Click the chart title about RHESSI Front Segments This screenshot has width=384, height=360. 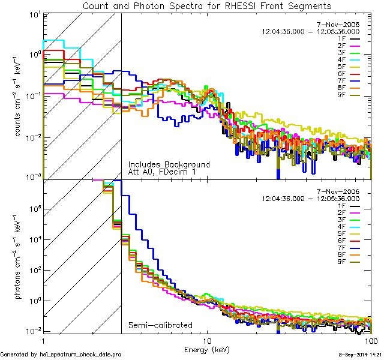coord(207,6)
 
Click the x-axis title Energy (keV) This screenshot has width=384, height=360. coord(207,349)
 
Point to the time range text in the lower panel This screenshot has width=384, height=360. coord(311,198)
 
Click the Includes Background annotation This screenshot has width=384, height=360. coord(169,164)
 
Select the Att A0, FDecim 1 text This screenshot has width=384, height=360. coord(163,172)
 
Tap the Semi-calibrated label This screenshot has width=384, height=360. coord(160,326)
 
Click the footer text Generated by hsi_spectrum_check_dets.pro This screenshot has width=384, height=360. coord(61,355)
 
